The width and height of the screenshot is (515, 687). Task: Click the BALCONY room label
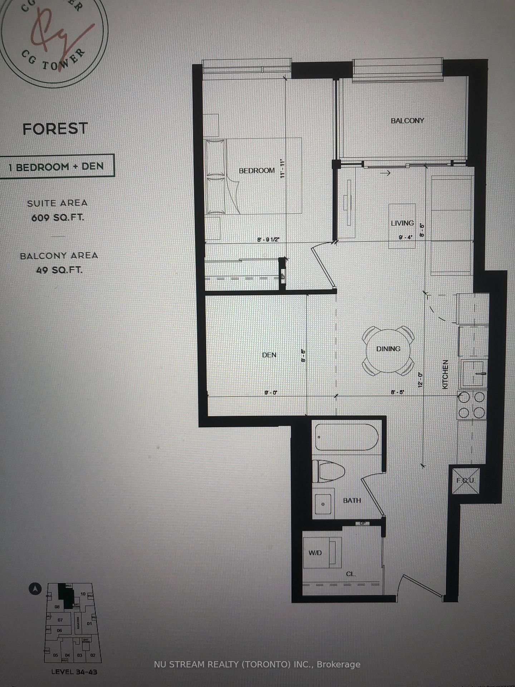(407, 121)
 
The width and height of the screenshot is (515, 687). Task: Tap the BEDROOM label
(257, 171)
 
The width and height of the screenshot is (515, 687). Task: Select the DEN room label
(269, 355)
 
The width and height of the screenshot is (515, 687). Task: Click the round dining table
(388, 350)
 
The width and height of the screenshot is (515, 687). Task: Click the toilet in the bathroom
(327, 471)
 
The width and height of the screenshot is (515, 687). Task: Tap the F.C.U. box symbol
(465, 480)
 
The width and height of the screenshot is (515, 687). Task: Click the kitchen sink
(472, 374)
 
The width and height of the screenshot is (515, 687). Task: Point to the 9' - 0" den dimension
(271, 393)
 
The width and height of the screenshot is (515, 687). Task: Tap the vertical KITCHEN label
(445, 375)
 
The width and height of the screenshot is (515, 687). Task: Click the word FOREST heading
(55, 129)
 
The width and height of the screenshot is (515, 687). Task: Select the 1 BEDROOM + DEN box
(57, 166)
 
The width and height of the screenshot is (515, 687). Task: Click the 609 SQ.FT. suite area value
(57, 218)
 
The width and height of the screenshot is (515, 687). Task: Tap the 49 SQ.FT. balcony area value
(59, 270)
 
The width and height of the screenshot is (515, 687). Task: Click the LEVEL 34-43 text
(74, 672)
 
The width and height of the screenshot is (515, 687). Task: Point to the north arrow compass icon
(35, 589)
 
